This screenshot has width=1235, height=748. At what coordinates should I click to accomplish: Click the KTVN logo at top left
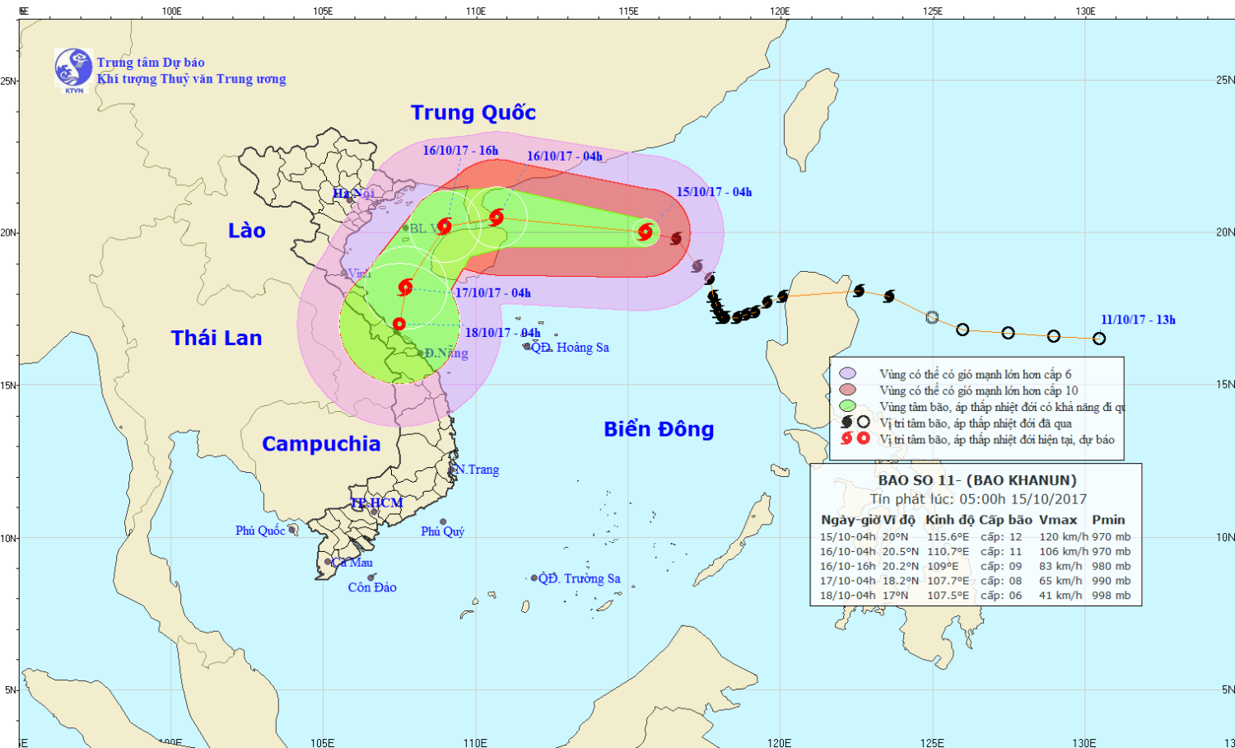[x=73, y=69]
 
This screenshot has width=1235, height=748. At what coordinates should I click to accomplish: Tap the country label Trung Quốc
[x=473, y=113]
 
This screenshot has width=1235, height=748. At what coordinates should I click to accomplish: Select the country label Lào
[x=247, y=231]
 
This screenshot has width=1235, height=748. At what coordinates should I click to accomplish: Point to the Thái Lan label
[x=217, y=338]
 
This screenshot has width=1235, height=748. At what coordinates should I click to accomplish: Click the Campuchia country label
[x=321, y=444]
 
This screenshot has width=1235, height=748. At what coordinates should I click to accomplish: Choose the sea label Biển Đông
[x=659, y=429]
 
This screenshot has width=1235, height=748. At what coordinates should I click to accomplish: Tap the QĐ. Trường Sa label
[x=579, y=578]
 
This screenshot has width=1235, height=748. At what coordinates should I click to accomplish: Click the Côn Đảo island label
[x=372, y=587]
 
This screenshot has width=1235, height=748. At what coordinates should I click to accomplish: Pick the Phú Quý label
[x=443, y=531]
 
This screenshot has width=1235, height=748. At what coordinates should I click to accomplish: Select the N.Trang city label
[x=478, y=470]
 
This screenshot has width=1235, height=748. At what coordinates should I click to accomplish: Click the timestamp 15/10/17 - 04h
[x=714, y=192]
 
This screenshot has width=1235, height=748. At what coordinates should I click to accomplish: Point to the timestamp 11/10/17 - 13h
[x=1138, y=320]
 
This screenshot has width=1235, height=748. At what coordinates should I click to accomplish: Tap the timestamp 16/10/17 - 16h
[x=460, y=150]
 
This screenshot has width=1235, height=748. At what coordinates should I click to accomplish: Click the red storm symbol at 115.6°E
[x=645, y=232]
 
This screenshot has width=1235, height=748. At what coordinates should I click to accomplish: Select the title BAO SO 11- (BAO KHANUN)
[x=976, y=480]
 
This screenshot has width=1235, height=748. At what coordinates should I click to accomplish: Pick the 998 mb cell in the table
[x=1111, y=595]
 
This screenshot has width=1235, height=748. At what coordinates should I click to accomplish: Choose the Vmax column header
[x=1058, y=520]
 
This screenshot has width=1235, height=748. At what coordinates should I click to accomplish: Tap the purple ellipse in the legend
[x=847, y=374]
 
